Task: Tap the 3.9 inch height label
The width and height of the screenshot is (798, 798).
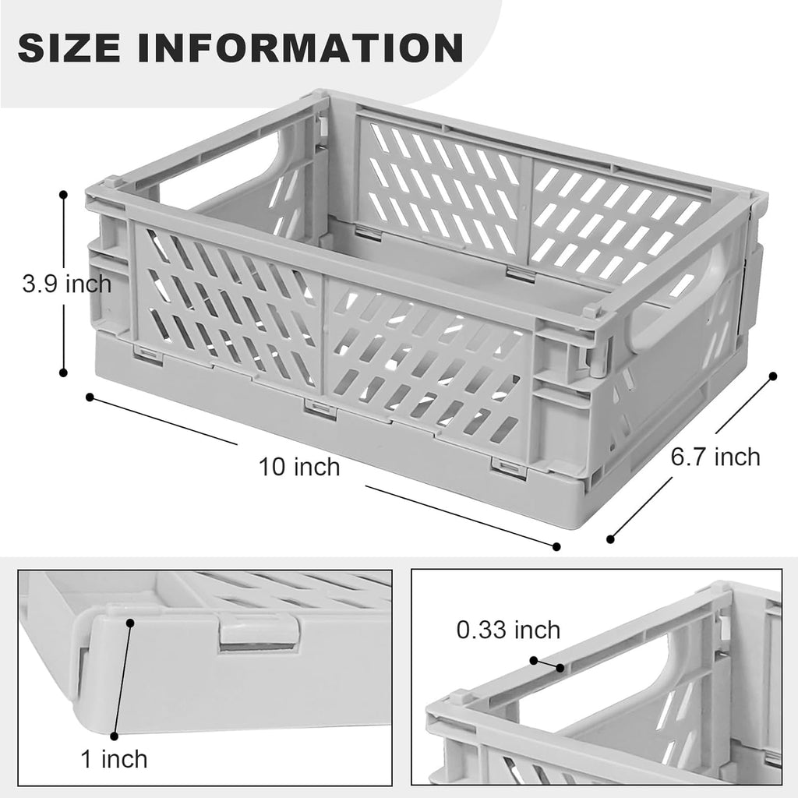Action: (66, 284)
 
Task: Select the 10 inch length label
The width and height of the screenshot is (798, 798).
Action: (300, 467)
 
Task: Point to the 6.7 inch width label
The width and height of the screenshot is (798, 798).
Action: (715, 457)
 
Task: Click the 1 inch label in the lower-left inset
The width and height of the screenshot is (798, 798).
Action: (114, 757)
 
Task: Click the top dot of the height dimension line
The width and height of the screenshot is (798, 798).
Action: (63, 196)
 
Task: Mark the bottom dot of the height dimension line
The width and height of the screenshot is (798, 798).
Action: (63, 372)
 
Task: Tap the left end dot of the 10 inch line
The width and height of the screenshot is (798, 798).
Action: (90, 397)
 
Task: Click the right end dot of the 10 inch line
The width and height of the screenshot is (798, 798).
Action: (556, 546)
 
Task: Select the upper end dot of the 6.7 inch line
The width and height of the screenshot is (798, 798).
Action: (773, 376)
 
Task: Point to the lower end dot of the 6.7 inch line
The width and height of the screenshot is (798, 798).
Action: (611, 538)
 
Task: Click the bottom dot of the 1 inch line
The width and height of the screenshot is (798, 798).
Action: (114, 735)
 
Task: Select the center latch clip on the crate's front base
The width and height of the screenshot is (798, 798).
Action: (320, 408)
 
